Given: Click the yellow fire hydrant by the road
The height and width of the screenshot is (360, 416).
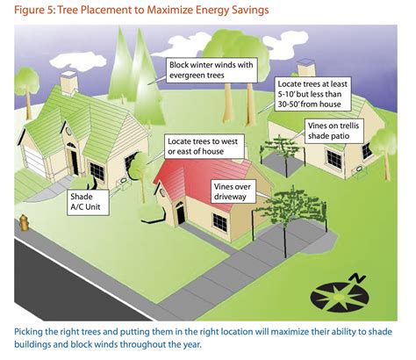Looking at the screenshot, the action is pos(24,222).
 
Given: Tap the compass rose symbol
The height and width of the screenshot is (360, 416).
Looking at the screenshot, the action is pos(340,296).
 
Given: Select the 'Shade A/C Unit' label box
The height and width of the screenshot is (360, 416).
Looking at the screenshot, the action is pos(88,202).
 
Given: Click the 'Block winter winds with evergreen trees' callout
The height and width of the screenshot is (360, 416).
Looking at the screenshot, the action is pos(212,70).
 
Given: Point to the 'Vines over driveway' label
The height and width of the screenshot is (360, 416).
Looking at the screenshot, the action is pos(233,191).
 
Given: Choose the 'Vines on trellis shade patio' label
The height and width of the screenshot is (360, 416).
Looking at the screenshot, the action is pos(334,131).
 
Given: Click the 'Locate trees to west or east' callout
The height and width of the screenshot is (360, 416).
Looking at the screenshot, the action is pos(204,147).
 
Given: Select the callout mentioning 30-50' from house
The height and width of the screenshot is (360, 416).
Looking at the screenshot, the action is pos(312,94).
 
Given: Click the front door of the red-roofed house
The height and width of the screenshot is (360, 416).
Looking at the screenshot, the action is pos(181,213).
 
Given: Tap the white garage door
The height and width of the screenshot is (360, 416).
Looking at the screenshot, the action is pos(34,161).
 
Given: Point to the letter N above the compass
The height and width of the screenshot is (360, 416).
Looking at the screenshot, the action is pos(358,278).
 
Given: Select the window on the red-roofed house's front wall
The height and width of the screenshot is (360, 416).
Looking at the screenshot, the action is pos(220,222).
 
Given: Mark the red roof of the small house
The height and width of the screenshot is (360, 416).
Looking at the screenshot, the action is pos(202,180).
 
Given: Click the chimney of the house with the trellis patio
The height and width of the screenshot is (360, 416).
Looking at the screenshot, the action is pos(306,68).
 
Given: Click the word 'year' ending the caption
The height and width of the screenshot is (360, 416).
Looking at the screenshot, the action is pos(192,344).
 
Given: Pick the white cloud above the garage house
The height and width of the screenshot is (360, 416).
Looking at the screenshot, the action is pos(78,60).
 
